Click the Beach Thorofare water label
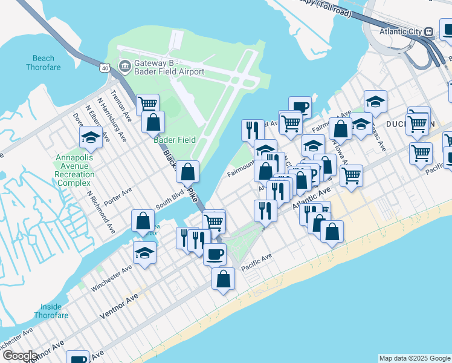coord(43,63)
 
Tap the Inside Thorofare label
coord(51,311)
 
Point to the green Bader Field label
coord(175,140)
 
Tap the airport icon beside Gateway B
coord(125,65)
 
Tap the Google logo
coord(19,356)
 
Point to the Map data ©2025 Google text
coord(414,358)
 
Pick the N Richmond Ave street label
coord(101,212)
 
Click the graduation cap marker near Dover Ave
coord(91,137)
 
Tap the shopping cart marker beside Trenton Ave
coord(147,104)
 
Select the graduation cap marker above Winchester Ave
coord(145,252)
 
